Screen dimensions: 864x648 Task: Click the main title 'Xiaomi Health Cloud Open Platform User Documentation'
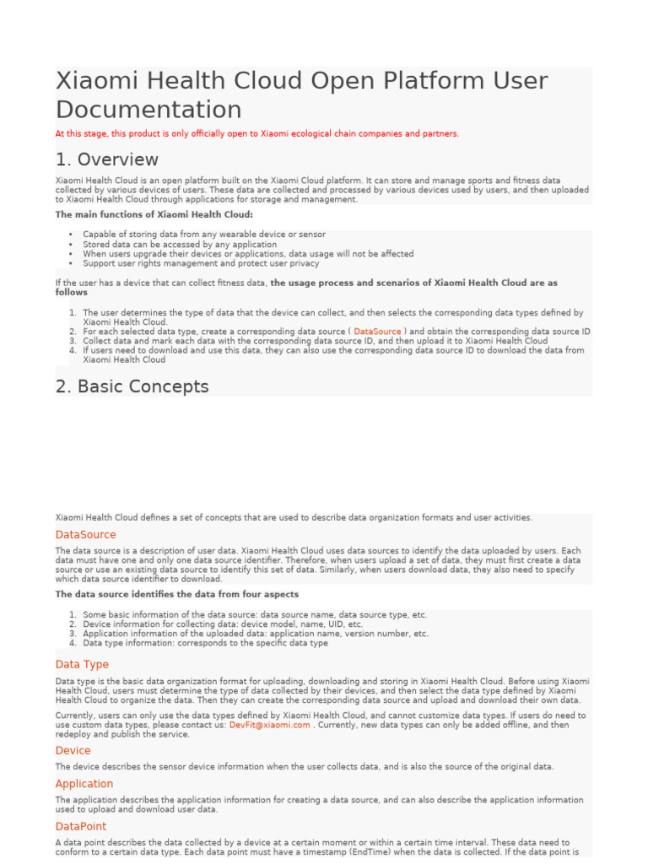pyautogui.click(x=301, y=94)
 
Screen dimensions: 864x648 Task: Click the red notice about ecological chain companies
pyautogui.click(x=257, y=133)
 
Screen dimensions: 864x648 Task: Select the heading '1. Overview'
pyautogui.click(x=107, y=159)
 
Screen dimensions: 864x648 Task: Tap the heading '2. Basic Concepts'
pyautogui.click(x=132, y=386)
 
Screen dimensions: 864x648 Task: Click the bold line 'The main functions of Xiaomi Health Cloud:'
pyautogui.click(x=154, y=214)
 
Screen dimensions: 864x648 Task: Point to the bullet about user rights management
pyautogui.click(x=201, y=263)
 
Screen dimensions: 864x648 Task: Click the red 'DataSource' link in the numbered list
pyautogui.click(x=377, y=332)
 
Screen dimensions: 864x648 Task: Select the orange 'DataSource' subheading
pyautogui.click(x=86, y=535)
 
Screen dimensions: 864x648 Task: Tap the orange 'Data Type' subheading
pyautogui.click(x=82, y=665)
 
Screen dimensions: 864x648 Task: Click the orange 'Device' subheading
pyautogui.click(x=73, y=751)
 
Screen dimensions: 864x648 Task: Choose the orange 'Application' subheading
pyautogui.click(x=84, y=784)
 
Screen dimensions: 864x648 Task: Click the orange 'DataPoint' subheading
pyautogui.click(x=81, y=827)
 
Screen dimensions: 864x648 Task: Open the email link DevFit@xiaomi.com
pyautogui.click(x=269, y=725)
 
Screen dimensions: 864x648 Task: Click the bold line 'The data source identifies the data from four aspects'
pyautogui.click(x=177, y=594)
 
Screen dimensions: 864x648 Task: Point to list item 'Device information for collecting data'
pyautogui.click(x=223, y=624)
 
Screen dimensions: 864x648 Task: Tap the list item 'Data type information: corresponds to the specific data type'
pyautogui.click(x=206, y=643)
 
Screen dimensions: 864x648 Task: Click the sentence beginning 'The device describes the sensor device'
pyautogui.click(x=305, y=767)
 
